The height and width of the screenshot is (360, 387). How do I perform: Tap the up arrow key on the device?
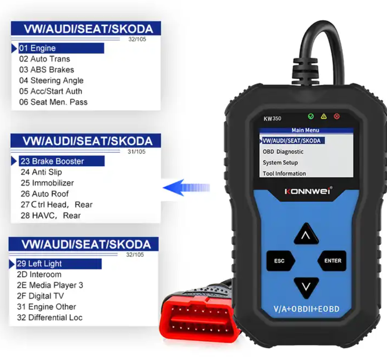click(x=306, y=234)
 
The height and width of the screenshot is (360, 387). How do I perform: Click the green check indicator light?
click(x=311, y=116)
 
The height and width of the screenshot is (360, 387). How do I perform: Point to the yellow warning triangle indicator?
click(x=324, y=116)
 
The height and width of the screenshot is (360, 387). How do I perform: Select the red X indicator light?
click(x=336, y=116)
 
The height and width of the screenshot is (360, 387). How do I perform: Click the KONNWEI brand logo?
click(x=308, y=191)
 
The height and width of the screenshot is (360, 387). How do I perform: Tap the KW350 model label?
click(x=272, y=119)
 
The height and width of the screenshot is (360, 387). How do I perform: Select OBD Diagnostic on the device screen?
click(x=283, y=152)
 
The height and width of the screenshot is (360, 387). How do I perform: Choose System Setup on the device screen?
click(x=280, y=163)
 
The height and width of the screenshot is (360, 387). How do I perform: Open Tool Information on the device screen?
click(x=284, y=173)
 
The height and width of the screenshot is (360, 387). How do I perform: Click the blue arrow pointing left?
click(x=187, y=188)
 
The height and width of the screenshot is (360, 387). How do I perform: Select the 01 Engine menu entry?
click(x=37, y=48)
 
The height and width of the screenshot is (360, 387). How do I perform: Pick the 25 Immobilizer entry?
click(x=47, y=183)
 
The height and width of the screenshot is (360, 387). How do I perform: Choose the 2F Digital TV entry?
click(x=40, y=295)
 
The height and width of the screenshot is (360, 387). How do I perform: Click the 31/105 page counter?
click(x=136, y=152)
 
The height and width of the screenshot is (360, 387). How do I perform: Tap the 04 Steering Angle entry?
click(x=51, y=81)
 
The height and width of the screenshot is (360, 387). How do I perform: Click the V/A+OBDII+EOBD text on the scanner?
click(x=306, y=309)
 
